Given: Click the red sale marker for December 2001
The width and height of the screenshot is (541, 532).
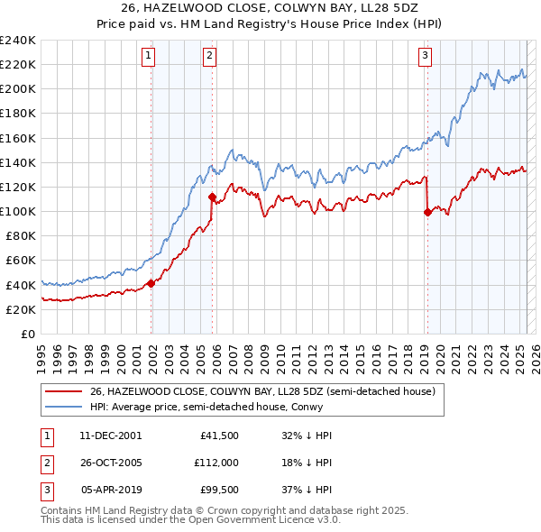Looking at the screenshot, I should click(151, 283).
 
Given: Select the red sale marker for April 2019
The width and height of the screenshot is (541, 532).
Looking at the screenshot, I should click(426, 212).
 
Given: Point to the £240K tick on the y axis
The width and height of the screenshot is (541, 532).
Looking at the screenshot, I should click(18, 41).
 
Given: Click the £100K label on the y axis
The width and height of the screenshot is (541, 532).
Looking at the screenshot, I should click(18, 211).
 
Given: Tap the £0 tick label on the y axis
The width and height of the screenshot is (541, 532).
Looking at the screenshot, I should click(27, 334).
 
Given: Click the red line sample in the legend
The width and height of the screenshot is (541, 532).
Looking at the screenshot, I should click(63, 391).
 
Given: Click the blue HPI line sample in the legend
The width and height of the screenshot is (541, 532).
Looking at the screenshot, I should click(63, 407).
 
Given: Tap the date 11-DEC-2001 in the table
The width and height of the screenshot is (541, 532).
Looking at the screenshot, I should click(111, 435).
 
